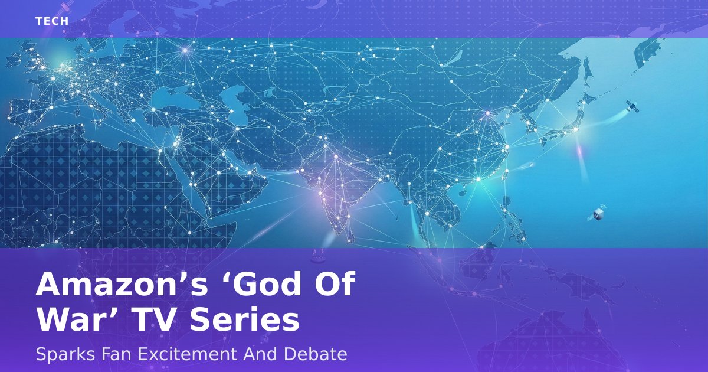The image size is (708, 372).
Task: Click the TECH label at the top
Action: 52,21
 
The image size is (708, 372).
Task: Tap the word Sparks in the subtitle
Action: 65,354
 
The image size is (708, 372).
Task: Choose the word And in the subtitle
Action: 261,354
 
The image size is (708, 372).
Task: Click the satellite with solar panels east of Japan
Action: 632,107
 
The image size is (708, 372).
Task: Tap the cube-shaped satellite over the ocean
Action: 597,214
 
